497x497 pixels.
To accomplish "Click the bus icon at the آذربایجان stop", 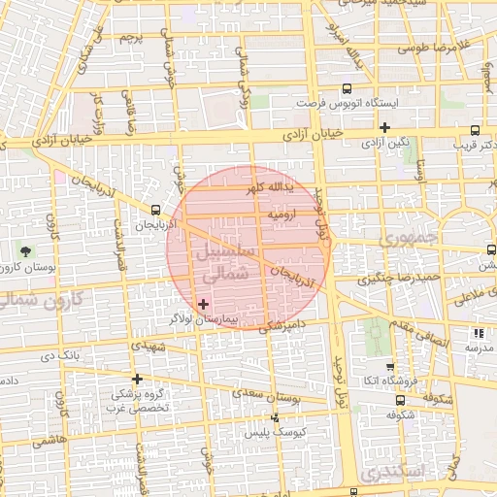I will click(x=156, y=210).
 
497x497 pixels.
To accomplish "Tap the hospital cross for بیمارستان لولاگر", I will click(x=202, y=304).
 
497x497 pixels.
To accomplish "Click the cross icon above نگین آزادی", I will click(x=384, y=127).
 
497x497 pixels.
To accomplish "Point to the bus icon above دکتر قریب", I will click(x=475, y=131).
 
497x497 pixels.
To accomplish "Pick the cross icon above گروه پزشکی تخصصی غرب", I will click(x=137, y=379).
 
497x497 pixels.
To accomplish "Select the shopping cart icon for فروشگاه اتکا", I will click(x=390, y=368).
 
